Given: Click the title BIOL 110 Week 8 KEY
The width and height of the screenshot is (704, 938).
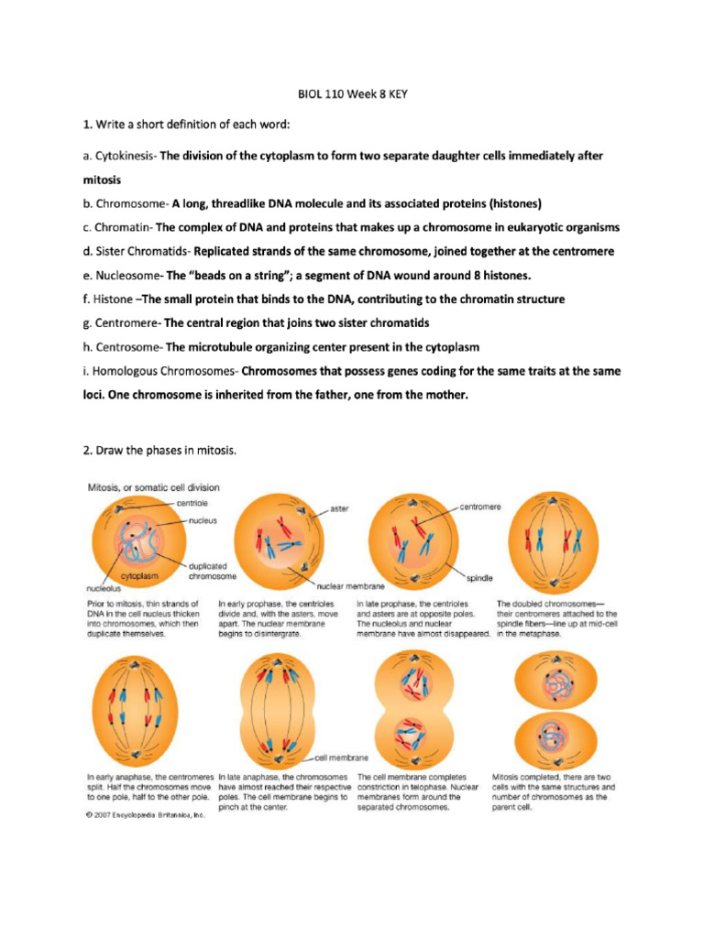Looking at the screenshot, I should [352, 93].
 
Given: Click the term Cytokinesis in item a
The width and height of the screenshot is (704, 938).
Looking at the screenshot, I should [126, 156].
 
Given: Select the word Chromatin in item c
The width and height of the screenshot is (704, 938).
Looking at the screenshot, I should [125, 226].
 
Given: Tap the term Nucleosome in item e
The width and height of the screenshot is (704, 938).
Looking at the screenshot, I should [128, 275].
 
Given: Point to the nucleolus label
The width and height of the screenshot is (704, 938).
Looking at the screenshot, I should [104, 591].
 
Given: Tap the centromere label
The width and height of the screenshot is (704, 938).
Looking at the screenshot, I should [479, 506].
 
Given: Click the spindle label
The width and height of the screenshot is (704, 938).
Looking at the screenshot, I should [479, 578].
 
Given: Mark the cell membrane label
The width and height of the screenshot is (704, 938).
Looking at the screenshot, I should [341, 758].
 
